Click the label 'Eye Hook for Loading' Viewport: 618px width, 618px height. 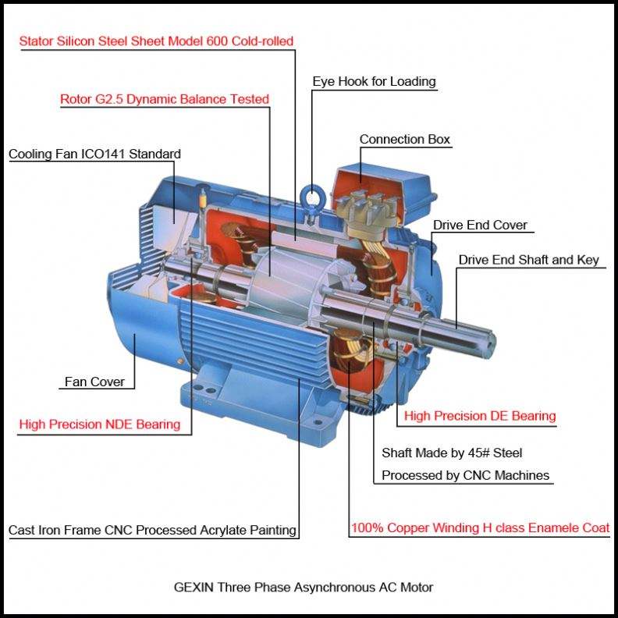tap(374, 82)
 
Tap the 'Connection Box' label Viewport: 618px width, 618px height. tap(404, 140)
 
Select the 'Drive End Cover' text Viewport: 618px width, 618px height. tap(480, 226)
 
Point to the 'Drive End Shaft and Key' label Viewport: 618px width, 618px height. tap(528, 260)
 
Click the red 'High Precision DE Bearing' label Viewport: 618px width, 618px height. tap(480, 416)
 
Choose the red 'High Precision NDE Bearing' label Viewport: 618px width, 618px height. tap(100, 424)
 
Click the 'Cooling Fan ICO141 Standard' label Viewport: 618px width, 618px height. tap(94, 154)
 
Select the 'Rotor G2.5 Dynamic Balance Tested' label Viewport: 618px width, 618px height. tap(165, 100)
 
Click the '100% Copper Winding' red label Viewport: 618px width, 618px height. tap(480, 528)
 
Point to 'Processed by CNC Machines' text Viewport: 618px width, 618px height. tap(465, 475)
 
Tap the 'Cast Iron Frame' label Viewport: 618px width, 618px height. tap(152, 531)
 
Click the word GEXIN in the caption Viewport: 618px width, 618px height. tap(191, 587)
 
